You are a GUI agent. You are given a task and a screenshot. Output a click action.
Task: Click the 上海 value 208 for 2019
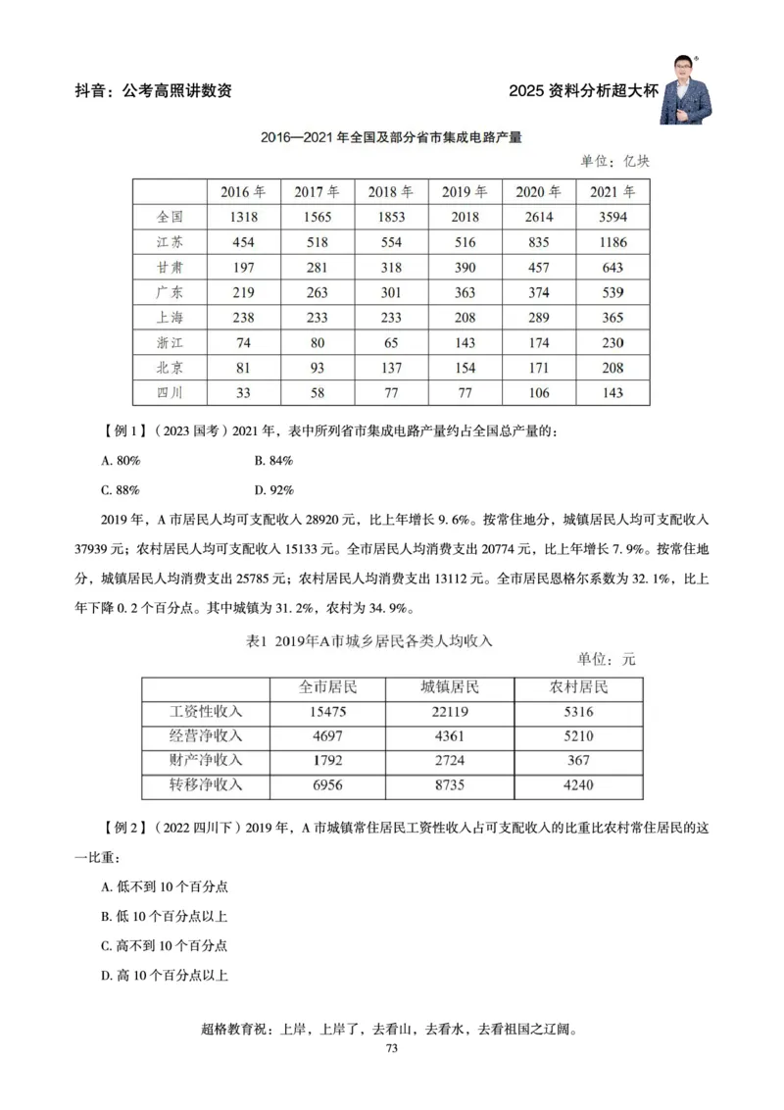(x=465, y=318)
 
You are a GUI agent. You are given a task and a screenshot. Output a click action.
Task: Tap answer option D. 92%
(x=274, y=487)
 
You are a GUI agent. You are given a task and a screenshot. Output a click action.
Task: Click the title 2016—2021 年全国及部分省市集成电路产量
(x=391, y=138)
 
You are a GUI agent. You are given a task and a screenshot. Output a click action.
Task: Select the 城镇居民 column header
(x=451, y=687)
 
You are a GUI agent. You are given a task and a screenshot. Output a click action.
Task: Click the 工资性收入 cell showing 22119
(x=451, y=712)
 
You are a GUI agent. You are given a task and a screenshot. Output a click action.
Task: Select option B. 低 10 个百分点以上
(x=165, y=916)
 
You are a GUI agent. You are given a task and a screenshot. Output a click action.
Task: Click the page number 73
(x=391, y=1049)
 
